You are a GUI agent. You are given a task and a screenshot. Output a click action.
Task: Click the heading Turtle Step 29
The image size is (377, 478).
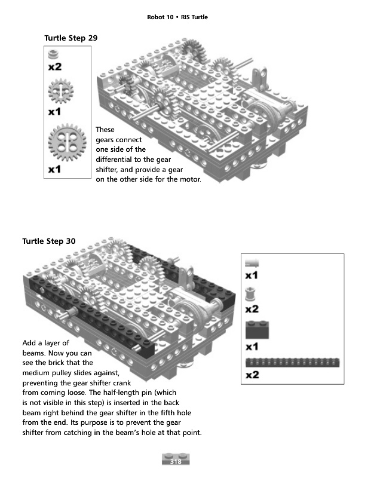tap(71, 38)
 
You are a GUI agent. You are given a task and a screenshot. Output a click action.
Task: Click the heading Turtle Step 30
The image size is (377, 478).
tap(49, 241)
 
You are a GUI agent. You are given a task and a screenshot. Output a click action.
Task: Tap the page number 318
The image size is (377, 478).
tap(176, 461)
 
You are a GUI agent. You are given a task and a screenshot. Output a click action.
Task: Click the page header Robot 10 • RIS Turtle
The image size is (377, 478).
tap(177, 17)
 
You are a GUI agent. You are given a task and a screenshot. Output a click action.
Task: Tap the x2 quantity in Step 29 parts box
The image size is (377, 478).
tap(54, 67)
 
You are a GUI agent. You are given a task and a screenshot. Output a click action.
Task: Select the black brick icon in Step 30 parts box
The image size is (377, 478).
tap(257, 330)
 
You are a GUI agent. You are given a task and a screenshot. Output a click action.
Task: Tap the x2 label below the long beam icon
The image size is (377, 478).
tap(252, 375)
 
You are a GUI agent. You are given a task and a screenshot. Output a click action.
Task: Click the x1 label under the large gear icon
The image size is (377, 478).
tap(54, 170)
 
